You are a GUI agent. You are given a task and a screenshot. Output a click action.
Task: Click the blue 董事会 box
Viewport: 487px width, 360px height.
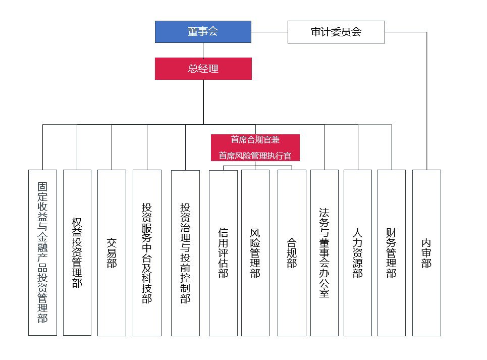pyautogui.click(x=203, y=32)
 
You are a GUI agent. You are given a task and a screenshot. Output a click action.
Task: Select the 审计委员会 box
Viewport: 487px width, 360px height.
pyautogui.click(x=336, y=32)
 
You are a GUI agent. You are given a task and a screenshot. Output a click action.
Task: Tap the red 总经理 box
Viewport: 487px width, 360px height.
pyautogui.click(x=203, y=69)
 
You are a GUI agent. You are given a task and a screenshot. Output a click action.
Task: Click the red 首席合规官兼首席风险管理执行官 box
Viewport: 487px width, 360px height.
pyautogui.click(x=255, y=147)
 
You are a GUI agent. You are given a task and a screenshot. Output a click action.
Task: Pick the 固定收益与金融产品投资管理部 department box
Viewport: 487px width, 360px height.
pyautogui.click(x=42, y=252)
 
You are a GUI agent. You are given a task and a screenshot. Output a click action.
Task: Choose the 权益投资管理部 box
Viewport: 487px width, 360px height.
pyautogui.click(x=77, y=252)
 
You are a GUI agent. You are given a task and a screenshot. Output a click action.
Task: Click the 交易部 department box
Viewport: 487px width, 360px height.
pyautogui.click(x=112, y=252)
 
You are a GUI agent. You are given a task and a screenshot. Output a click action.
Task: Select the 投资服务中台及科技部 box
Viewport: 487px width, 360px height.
pyautogui.click(x=147, y=252)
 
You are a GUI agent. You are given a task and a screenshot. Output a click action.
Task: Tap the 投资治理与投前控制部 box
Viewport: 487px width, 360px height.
pyautogui.click(x=185, y=253)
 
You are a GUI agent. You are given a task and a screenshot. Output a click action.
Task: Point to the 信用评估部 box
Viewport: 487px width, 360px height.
pyautogui.click(x=223, y=253)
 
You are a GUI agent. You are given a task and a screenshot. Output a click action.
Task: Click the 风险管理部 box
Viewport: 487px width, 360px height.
pyautogui.click(x=255, y=253)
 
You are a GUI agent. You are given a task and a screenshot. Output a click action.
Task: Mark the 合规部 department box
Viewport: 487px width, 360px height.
pyautogui.click(x=292, y=253)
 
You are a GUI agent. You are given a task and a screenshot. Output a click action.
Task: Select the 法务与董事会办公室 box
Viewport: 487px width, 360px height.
pyautogui.click(x=324, y=253)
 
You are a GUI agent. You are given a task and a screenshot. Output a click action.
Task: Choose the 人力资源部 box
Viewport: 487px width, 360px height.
pyautogui.click(x=358, y=253)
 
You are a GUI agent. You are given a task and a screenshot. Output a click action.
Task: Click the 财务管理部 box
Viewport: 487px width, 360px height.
pyautogui.click(x=391, y=253)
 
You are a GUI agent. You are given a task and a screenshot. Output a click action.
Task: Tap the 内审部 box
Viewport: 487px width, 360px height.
pyautogui.click(x=426, y=253)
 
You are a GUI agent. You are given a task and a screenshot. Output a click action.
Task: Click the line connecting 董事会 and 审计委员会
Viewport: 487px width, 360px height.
pyautogui.click(x=269, y=32)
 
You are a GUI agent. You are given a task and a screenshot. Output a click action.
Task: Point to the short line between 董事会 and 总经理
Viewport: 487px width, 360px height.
pyautogui.click(x=203, y=50)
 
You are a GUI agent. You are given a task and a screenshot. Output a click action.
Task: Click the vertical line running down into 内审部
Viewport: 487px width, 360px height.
pyautogui.click(x=426, y=101)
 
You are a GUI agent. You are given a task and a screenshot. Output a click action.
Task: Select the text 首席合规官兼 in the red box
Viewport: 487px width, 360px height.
pyautogui.click(x=255, y=140)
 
